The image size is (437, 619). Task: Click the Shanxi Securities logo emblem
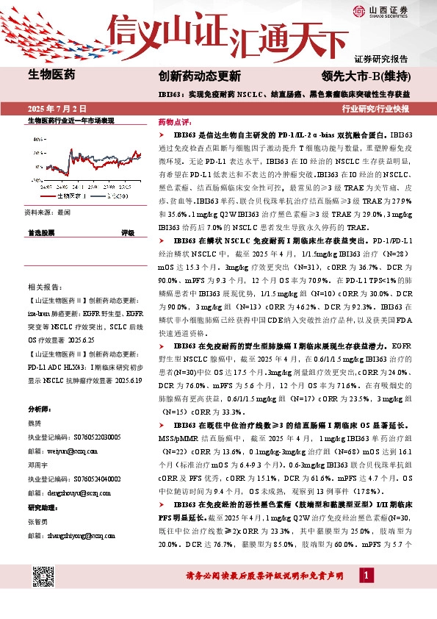tap(358, 10)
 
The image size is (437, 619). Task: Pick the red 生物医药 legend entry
tap(67, 196)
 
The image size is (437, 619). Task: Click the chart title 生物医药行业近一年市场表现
tap(71, 121)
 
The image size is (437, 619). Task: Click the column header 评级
tap(127, 232)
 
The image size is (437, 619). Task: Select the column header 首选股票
tap(41, 232)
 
